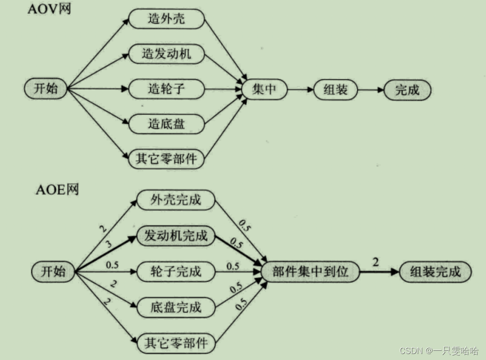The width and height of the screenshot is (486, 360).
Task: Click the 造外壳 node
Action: [166, 19]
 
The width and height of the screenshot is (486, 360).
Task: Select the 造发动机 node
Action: [166, 54]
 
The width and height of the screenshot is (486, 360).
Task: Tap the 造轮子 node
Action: [166, 89]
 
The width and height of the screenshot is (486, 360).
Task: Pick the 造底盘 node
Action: [166, 123]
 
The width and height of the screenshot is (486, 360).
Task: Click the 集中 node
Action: [264, 89]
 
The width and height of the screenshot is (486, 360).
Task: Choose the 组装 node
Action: [336, 90]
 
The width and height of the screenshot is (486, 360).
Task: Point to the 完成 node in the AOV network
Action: [407, 90]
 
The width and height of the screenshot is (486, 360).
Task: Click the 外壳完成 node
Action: [176, 200]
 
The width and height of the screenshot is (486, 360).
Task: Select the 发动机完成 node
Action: [176, 236]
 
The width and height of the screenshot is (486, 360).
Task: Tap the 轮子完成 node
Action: [176, 271]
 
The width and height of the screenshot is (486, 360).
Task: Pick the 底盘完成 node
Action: [176, 307]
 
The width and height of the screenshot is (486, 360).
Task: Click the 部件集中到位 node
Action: [310, 272]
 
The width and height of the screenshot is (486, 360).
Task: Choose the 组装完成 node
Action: [435, 271]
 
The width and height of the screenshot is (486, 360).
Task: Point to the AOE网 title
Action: [57, 189]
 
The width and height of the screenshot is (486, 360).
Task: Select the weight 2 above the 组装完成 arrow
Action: [375, 262]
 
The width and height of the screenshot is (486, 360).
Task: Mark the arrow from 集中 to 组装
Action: [300, 90]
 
